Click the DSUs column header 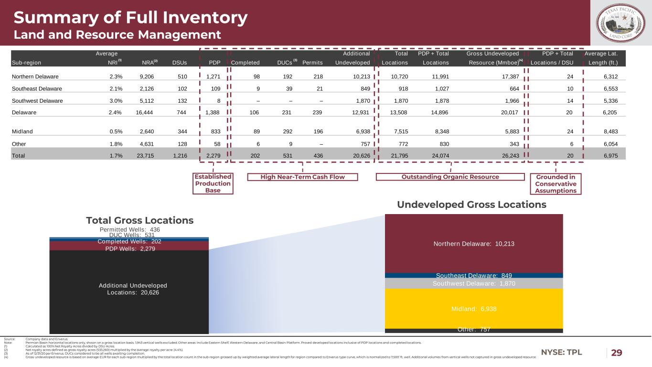click(179, 63)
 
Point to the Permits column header click(312, 63)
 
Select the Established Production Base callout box click(213, 183)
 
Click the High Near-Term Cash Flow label click(302, 177)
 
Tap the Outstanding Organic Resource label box click(451, 177)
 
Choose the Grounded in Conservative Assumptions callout click(556, 183)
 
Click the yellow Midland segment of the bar click(473, 309)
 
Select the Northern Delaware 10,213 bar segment click(473, 243)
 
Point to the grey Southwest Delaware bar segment click(473, 283)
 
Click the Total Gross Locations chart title click(139, 220)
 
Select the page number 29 click(617, 353)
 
